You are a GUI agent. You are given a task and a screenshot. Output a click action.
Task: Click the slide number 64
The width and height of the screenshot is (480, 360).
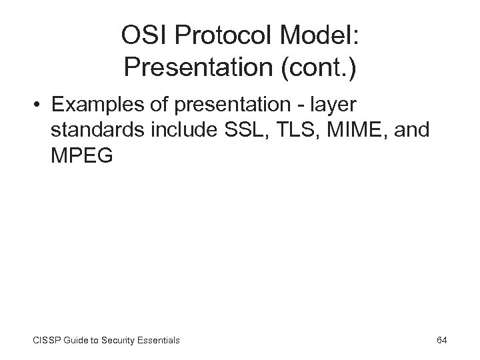tap(441, 340)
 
